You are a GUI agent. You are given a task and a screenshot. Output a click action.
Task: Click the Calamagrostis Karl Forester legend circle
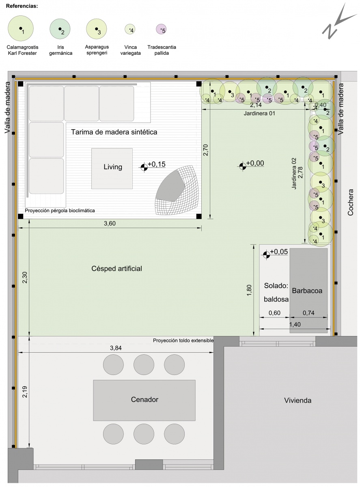tap(21, 28)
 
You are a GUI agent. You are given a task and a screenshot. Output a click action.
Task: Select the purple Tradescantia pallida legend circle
tap(161, 29)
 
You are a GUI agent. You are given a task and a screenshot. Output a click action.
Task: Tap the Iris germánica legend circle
tap(60, 29)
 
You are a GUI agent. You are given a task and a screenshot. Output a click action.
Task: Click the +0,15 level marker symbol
tap(144, 167)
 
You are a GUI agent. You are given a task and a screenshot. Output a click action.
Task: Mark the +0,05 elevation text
tap(279, 252)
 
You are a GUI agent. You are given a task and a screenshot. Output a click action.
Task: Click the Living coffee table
tap(112, 169)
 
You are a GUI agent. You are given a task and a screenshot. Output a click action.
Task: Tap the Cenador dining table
tap(144, 400)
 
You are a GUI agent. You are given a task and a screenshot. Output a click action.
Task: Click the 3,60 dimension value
tap(110, 223)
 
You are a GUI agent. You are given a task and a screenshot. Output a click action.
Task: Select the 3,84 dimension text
tap(116, 348)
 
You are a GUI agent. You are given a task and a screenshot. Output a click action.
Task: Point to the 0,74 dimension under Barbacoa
tap(308, 313)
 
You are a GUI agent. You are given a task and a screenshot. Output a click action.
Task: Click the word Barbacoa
tap(307, 291)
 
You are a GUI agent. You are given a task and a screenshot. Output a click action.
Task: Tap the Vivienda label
tap(297, 401)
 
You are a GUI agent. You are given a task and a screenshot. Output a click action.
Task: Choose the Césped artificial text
tap(116, 269)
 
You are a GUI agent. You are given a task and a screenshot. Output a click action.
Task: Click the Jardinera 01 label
tap(259, 113)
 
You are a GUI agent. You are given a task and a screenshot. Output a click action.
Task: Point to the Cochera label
tap(350, 203)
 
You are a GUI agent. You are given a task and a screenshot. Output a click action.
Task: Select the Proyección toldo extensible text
tap(183, 340)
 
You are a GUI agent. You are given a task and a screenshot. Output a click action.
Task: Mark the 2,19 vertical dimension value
tap(25, 392)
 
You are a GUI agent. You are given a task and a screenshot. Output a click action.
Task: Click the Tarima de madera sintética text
tap(114, 132)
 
